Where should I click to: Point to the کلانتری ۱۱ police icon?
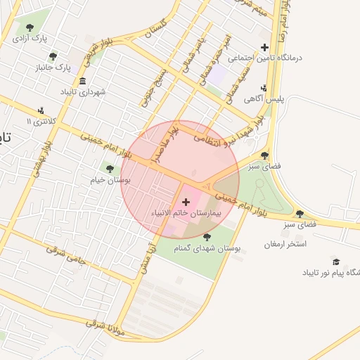point(41,110)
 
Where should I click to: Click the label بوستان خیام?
point(106,181)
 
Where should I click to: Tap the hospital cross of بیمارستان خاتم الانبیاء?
point(186,202)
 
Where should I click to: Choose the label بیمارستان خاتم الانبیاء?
point(185,212)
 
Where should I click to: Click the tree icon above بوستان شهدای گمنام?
point(206,237)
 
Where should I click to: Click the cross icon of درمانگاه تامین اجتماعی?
point(264,48)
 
